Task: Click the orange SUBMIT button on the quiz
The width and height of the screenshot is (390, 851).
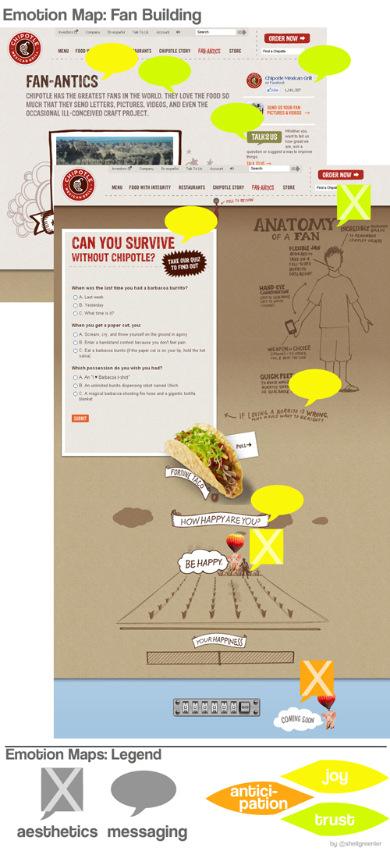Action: pos(80,418)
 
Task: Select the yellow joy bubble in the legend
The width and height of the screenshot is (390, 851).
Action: pos(334,777)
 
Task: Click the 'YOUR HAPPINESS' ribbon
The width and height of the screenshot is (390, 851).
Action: pos(220,642)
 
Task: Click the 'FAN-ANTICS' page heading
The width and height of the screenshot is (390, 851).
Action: pos(62,80)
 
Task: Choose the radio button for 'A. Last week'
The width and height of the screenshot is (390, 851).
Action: pos(75,297)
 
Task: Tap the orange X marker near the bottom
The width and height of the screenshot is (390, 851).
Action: pos(317,678)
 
